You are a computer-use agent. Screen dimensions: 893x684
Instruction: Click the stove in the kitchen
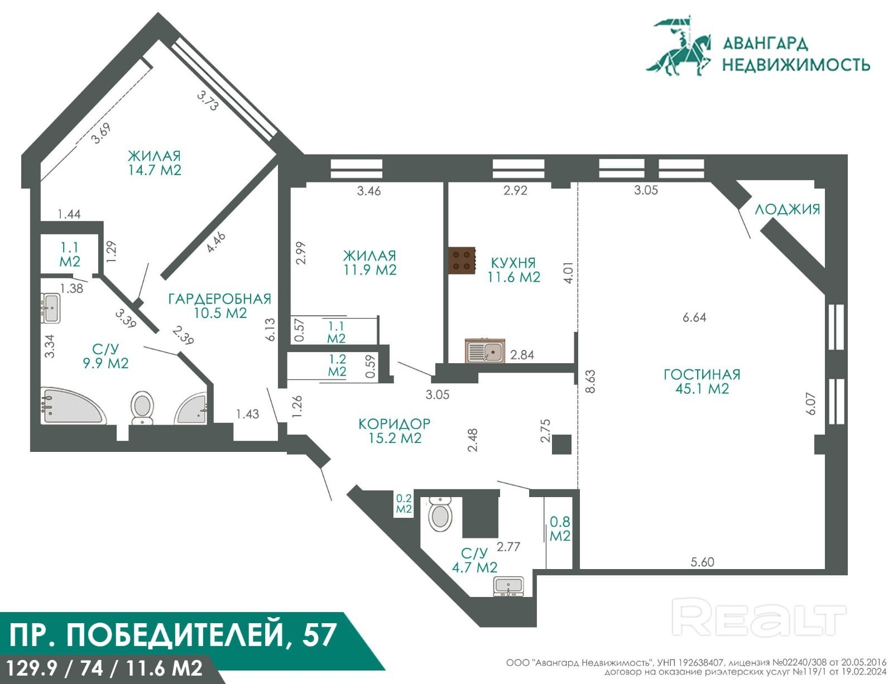point(462,261)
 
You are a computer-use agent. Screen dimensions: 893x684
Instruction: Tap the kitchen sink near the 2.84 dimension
point(485,351)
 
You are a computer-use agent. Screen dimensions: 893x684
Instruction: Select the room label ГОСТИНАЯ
point(702,374)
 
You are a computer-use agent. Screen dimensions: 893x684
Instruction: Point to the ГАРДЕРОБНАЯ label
point(220,298)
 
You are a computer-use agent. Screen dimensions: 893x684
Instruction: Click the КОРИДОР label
point(395,423)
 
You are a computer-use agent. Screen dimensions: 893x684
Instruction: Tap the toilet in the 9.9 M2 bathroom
point(142,407)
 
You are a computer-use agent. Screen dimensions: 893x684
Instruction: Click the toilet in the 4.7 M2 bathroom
point(440,514)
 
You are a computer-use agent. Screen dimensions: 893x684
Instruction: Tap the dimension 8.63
point(590,382)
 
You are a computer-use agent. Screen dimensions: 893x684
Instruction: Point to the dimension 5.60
point(702,562)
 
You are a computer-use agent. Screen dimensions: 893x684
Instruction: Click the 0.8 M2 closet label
point(560,529)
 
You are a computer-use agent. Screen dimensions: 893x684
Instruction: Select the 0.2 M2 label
point(404,504)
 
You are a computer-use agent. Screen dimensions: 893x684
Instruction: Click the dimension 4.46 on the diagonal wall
point(216,242)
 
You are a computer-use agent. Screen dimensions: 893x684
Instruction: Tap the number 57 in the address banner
point(320,635)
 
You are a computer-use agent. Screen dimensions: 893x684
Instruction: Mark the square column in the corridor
point(561,444)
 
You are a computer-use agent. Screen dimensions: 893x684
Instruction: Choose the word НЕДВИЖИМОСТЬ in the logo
point(796,65)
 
